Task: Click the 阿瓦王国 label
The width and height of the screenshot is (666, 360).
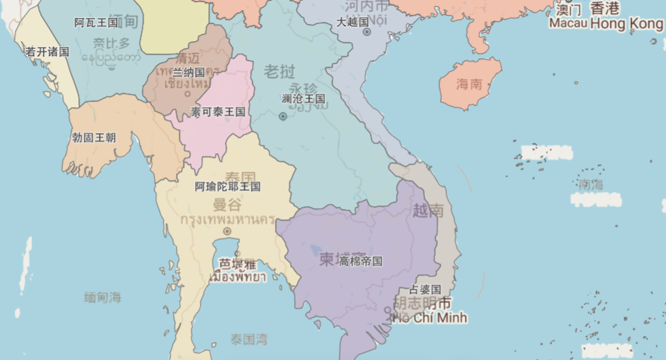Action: [x=96, y=23]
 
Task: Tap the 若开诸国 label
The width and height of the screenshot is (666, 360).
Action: [x=47, y=52]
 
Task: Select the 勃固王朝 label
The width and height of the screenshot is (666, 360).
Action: [x=93, y=137]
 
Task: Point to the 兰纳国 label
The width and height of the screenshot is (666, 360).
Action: [x=188, y=72]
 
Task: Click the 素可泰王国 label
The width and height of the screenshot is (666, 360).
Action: [x=218, y=111]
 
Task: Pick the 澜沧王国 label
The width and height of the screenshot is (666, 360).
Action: [x=303, y=98]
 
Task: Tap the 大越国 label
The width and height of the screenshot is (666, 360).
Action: [x=353, y=22]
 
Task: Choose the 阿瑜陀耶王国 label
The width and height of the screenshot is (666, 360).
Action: [x=227, y=186]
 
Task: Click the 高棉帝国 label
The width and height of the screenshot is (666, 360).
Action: [x=360, y=261]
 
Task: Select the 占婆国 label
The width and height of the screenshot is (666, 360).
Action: [x=425, y=289]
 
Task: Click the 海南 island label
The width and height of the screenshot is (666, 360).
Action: [x=469, y=85]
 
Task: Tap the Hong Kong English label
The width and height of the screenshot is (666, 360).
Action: [x=626, y=24]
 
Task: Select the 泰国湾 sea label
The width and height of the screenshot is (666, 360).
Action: [x=249, y=339]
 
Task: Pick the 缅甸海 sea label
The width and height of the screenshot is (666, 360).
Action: [x=102, y=297]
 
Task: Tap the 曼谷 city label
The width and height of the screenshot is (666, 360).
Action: [x=227, y=205]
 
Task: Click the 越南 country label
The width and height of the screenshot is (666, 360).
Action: [x=428, y=210]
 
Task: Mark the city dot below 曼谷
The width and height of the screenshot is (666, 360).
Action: [x=227, y=232]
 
